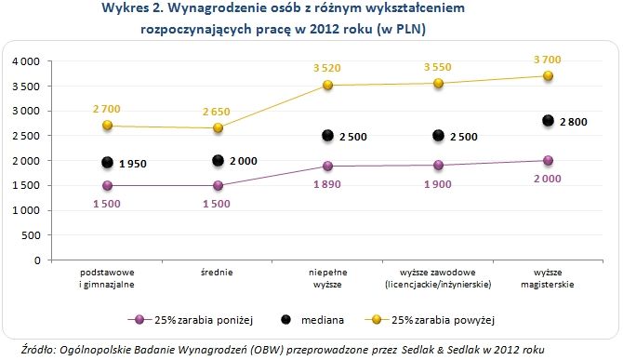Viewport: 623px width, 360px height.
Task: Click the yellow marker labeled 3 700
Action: tap(549, 76)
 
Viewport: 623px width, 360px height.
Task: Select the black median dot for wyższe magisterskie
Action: tap(549, 121)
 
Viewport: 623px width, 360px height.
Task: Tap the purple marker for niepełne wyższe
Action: tap(328, 167)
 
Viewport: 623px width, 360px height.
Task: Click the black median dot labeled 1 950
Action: tap(108, 163)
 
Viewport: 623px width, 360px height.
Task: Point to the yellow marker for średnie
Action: tap(219, 128)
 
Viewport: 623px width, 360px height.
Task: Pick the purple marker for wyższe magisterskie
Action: tap(549, 161)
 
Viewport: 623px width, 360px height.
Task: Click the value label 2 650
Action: tap(219, 111)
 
